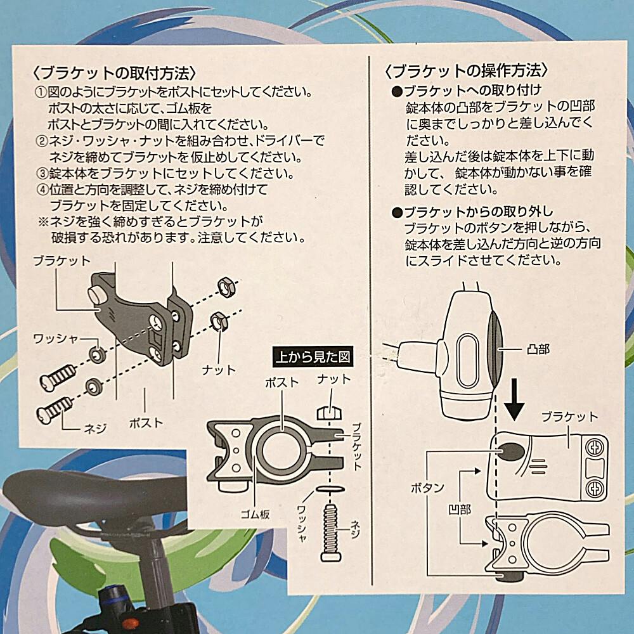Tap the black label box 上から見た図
pyautogui.click(x=313, y=356)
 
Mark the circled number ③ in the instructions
pyautogui.click(x=42, y=173)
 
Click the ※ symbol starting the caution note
pyautogui.click(x=42, y=221)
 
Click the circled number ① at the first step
pyautogui.click(x=42, y=91)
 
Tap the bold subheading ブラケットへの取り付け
pyautogui.click(x=472, y=89)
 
